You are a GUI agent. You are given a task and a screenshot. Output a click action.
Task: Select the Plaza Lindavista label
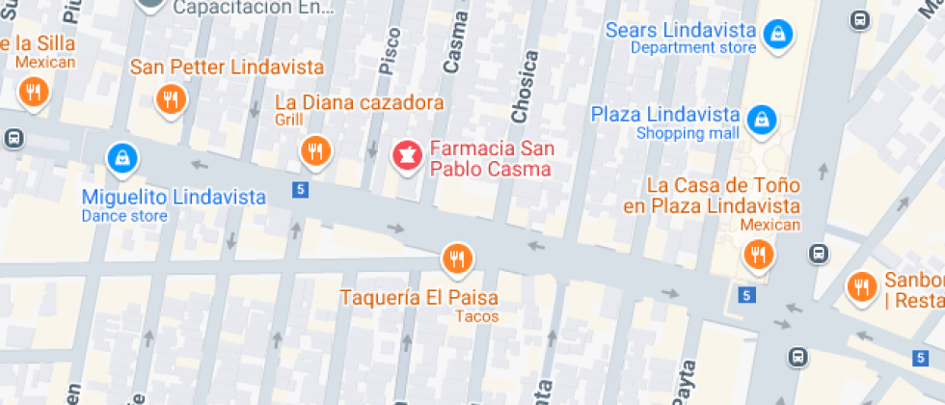665,115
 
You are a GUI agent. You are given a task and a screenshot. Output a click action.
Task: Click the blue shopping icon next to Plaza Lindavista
761,120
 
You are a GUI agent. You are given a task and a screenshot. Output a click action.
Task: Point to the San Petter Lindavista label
227,67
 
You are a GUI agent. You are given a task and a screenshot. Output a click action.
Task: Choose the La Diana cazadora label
360,102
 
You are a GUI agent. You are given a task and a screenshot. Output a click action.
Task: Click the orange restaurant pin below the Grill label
314,149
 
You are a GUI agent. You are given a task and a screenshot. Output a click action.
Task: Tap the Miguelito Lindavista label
174,197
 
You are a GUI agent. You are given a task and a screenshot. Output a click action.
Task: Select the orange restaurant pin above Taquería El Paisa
456,258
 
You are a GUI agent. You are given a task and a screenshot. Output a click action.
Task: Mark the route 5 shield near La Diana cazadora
301,190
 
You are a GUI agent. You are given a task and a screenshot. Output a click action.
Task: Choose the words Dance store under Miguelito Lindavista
124,216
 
